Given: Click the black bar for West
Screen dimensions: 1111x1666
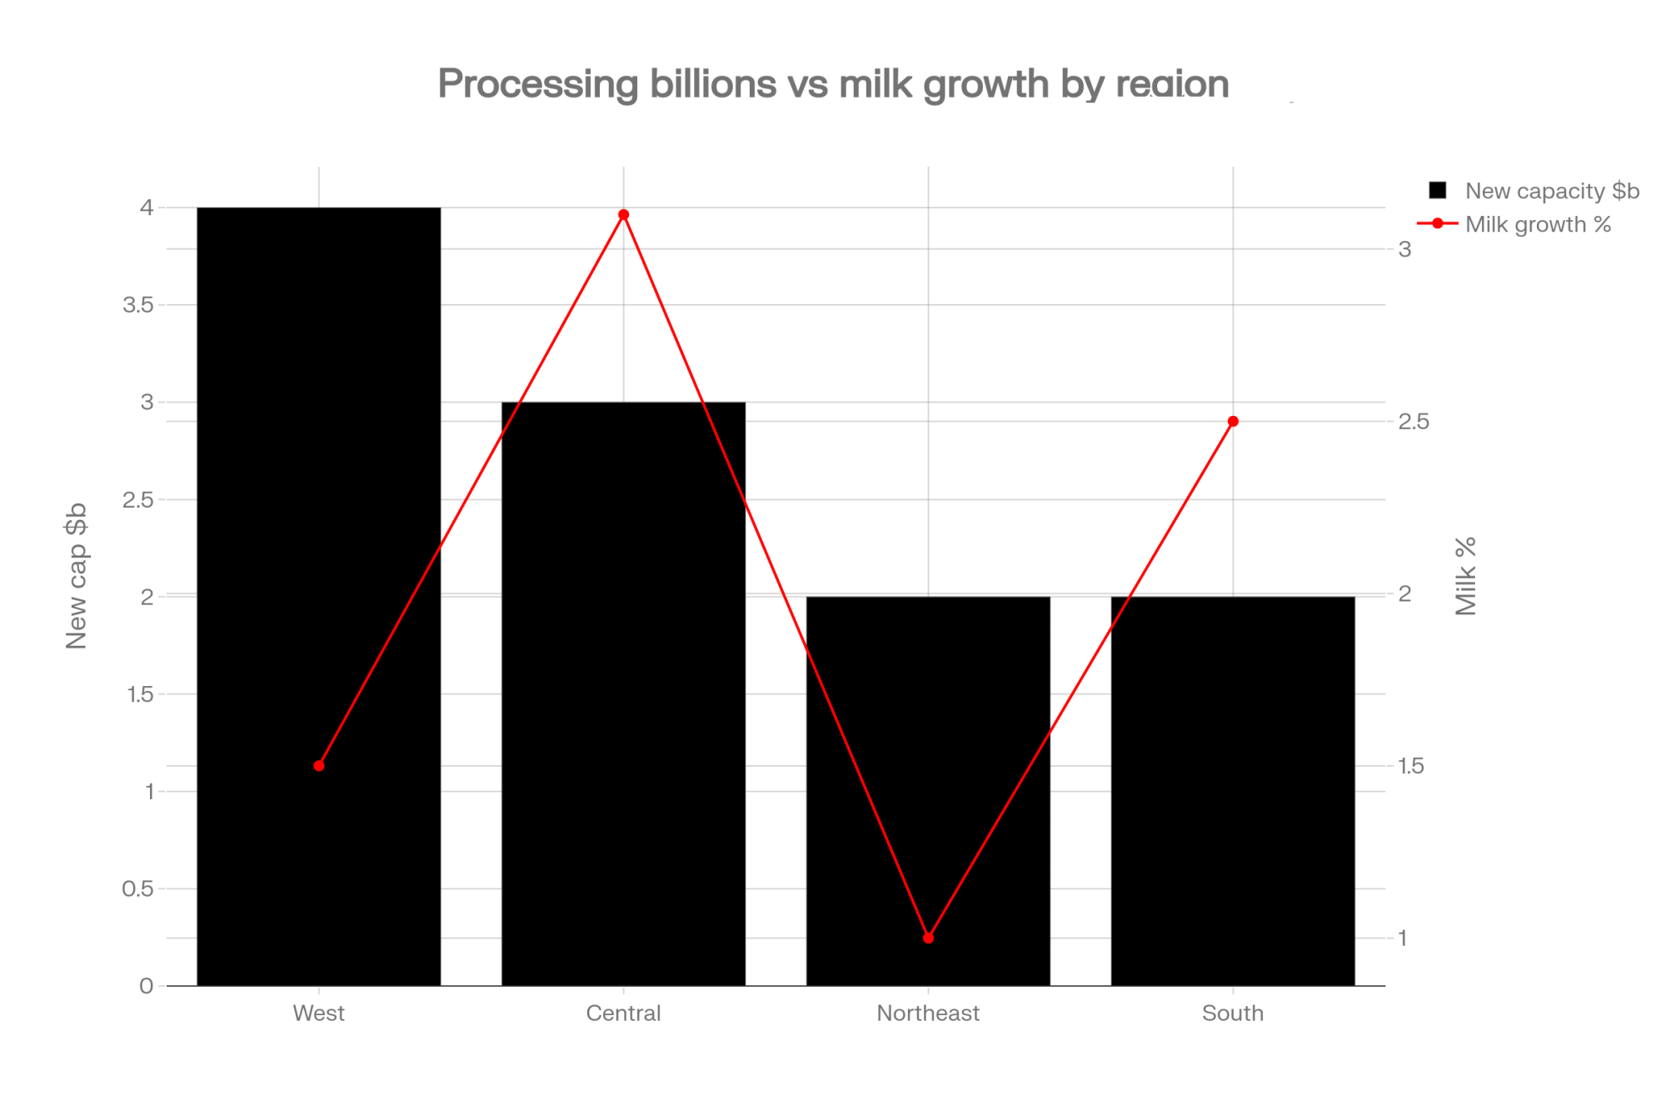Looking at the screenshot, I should (x=318, y=596).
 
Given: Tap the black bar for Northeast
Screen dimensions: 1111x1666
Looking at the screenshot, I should (x=928, y=791).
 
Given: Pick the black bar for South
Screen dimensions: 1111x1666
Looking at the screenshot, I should (x=1233, y=791).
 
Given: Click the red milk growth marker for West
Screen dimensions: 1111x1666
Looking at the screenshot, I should (x=319, y=766).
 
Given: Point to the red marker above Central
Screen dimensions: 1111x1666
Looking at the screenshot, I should (x=624, y=215).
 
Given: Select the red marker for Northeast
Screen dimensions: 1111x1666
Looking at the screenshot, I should (x=929, y=938).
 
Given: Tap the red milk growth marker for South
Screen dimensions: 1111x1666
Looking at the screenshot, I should (x=1234, y=422).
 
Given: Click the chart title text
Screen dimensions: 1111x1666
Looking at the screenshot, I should (x=833, y=83).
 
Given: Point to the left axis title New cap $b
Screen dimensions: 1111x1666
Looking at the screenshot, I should (x=76, y=576).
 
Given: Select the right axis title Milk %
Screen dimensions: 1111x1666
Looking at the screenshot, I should (x=1465, y=576).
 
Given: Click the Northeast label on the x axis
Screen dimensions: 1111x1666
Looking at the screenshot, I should (x=928, y=1013).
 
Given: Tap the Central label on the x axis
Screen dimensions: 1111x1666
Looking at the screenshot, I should (x=623, y=1013).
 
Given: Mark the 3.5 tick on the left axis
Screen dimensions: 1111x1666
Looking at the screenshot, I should (x=138, y=305).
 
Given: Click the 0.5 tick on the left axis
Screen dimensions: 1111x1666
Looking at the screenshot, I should (x=138, y=888).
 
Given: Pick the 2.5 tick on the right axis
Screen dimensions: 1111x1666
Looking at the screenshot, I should (x=1414, y=422).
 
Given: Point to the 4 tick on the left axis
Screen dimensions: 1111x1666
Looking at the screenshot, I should (x=147, y=208).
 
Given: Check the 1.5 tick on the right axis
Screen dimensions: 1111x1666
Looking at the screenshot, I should (x=1411, y=766).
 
